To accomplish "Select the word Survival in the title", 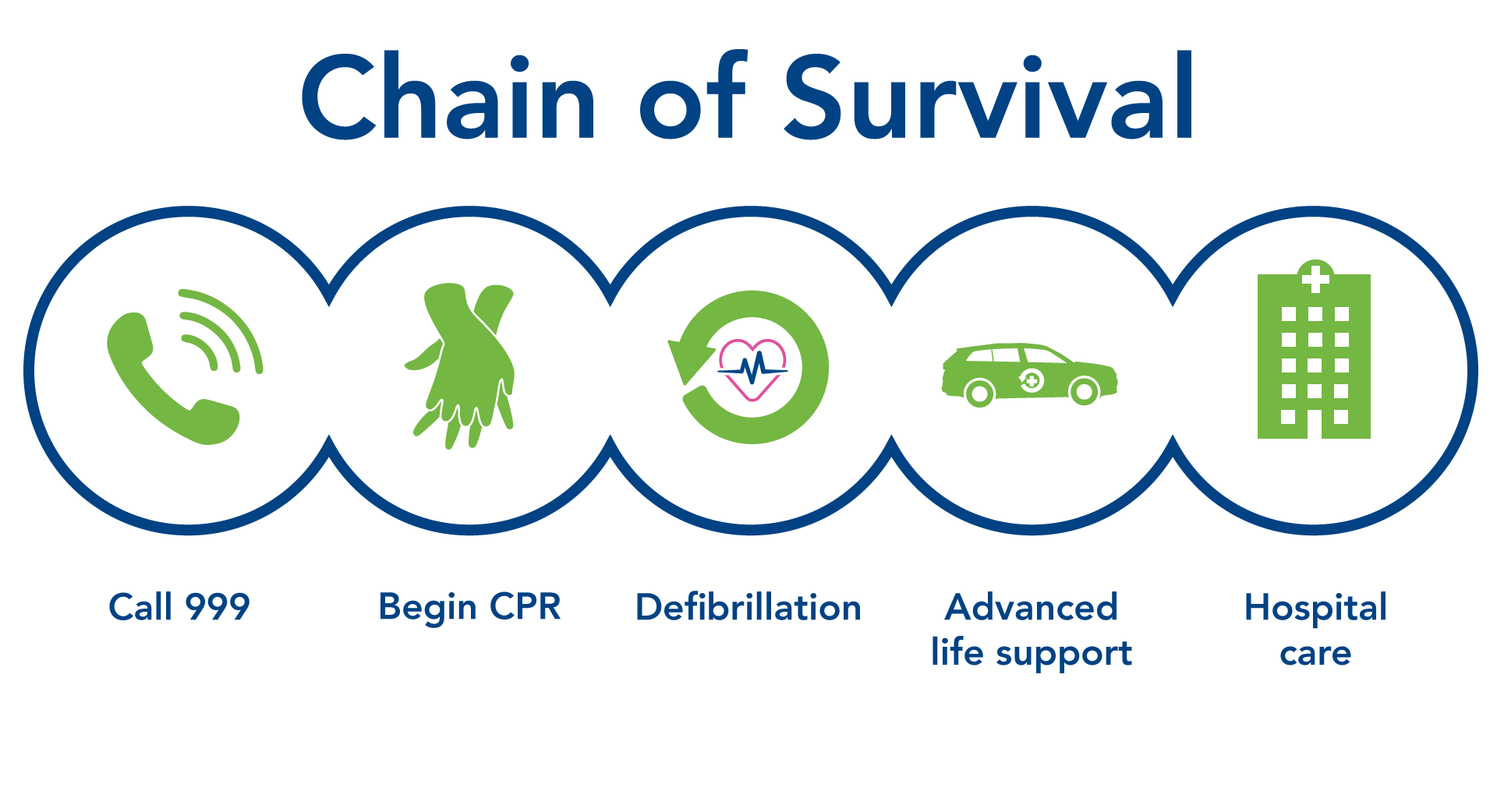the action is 989,96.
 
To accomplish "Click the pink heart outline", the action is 752,370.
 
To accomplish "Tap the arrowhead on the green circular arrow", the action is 687,361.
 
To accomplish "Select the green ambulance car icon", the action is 1030,375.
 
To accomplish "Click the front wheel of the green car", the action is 1084,391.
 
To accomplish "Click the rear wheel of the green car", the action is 980,393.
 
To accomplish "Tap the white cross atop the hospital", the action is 1315,278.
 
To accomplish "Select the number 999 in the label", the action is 218,606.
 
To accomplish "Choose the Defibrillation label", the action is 748,607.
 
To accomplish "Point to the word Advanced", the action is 1032,607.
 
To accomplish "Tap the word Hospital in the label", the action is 1315,608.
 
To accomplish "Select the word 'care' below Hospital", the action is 1315,655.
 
